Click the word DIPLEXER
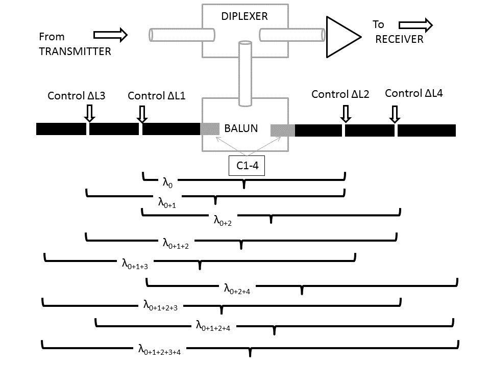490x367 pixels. coord(244,16)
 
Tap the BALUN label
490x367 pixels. coord(241,128)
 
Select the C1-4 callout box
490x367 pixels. coord(247,165)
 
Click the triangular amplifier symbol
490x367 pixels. coord(343,37)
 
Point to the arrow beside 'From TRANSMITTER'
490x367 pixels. coord(110,35)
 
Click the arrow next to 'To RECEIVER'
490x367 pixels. coord(415,25)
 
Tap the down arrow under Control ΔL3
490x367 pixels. coord(89,113)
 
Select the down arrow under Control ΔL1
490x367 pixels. coord(142,114)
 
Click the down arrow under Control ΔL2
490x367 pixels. coord(346,114)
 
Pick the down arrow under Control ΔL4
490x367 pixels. coord(395,114)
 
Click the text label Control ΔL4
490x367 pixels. coord(414,93)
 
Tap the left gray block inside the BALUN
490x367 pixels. coord(210,129)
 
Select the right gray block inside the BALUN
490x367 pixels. coord(282,130)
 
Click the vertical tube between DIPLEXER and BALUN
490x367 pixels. coord(245,73)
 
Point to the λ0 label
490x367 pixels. coord(167,182)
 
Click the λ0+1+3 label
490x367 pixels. coord(135,264)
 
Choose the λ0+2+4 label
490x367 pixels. coord(237,289)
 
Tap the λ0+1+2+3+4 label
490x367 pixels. coord(159,349)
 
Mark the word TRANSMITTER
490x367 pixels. coord(75,51)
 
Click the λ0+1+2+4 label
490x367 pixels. coord(213,326)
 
